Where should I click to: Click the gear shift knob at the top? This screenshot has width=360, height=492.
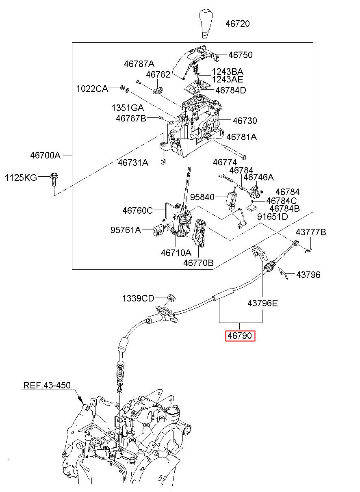[206, 24]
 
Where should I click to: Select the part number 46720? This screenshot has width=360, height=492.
[237, 24]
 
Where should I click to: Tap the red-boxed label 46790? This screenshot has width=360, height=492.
[240, 336]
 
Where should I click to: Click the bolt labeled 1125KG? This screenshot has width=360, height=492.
[54, 180]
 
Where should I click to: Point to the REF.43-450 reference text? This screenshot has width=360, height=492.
[47, 385]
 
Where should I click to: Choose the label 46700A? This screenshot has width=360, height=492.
[45, 156]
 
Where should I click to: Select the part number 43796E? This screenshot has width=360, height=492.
[262, 303]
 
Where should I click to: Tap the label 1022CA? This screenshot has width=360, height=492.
[92, 89]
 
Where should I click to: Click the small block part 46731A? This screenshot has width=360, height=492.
[163, 162]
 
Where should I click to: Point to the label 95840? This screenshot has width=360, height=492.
[202, 197]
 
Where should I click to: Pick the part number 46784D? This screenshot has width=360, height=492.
[231, 90]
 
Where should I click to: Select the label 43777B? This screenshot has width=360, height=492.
[311, 232]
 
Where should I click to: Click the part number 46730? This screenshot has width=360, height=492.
[245, 121]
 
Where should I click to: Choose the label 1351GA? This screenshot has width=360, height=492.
[128, 108]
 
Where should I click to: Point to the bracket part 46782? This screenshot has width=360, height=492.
[158, 91]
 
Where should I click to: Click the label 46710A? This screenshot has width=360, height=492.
[176, 253]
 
